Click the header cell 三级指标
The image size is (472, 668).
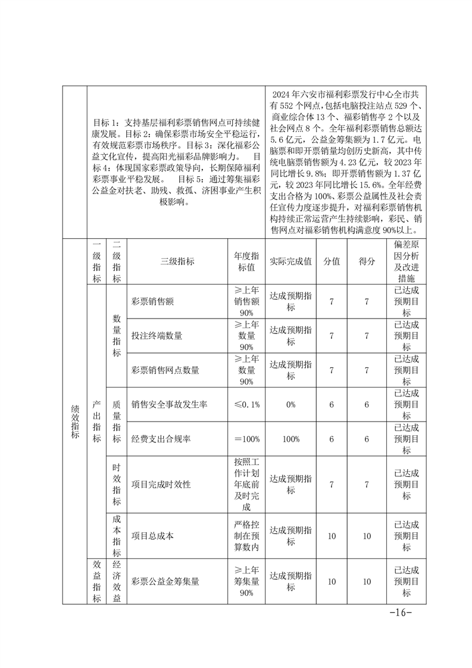pos(177,261)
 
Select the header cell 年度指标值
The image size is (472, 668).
pos(246,261)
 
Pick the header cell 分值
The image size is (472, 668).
pos(332,261)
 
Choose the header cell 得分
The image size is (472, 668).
pos(367,261)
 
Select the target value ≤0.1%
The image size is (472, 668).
pos(246,404)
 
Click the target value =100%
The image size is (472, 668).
pos(246,439)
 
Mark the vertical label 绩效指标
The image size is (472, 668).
pos(74,421)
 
